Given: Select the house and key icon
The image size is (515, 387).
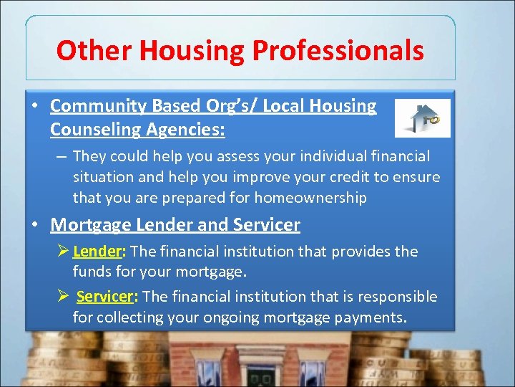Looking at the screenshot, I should click(422, 118).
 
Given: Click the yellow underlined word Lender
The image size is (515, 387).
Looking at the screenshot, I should click(98, 252).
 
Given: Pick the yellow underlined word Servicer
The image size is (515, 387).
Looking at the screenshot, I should click(105, 297).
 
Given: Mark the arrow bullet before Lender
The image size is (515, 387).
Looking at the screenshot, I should click(62, 252).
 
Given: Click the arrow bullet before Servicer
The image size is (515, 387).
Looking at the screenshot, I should click(62, 297).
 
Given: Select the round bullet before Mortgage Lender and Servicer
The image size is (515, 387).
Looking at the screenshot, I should click(35, 225).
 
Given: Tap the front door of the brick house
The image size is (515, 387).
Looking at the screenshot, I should click(262, 376).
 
